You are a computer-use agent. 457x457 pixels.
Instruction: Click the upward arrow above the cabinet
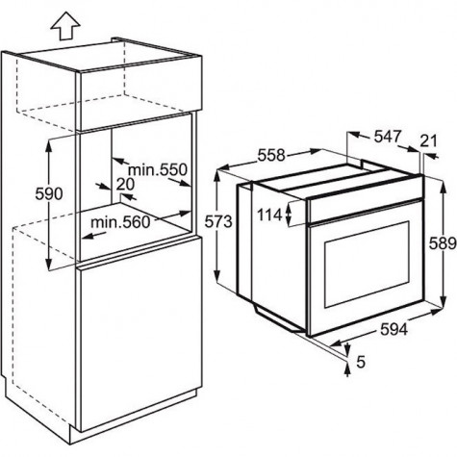[65, 26]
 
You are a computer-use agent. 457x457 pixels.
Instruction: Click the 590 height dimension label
[49, 194]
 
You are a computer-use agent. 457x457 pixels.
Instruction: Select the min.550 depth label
[158, 169]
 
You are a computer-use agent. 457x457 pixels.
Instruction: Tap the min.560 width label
[120, 222]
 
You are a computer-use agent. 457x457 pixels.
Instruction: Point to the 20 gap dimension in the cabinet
[125, 185]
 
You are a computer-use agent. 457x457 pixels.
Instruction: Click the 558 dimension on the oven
[271, 156]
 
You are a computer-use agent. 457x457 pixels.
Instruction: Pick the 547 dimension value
[388, 137]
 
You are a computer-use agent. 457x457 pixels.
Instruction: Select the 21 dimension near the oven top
[429, 140]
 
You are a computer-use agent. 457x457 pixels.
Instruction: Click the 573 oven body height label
[218, 221]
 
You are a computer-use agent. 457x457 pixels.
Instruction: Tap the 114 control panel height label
[269, 215]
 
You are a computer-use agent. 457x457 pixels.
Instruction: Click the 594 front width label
[394, 329]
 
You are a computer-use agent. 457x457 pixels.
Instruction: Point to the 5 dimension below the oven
[361, 363]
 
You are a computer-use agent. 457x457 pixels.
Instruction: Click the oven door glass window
[367, 265]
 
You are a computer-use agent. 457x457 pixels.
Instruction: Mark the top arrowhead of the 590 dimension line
[49, 145]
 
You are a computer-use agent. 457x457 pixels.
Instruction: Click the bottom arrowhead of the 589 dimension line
[444, 301]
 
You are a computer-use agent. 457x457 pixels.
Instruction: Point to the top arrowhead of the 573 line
[218, 177]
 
